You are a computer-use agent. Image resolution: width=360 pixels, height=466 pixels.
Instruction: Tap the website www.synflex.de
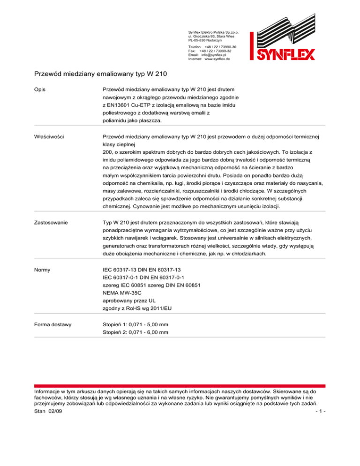tap(217, 60)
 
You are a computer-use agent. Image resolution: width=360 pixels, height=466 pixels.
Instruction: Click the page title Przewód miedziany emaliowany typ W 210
tap(101, 74)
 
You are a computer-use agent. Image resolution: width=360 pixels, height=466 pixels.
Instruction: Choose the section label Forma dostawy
tap(54, 323)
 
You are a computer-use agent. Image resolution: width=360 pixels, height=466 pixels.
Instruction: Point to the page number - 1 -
tap(320, 411)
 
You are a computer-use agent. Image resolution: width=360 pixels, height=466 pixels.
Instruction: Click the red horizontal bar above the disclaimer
tap(180, 385)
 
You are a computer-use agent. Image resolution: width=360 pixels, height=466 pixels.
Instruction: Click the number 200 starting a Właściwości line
tap(108, 152)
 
